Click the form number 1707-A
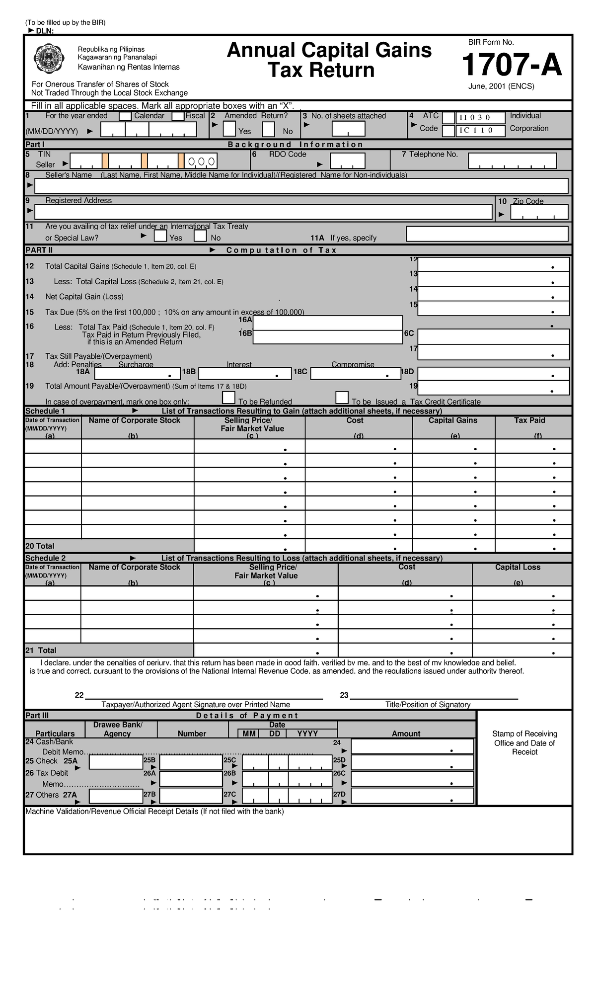tap(512, 66)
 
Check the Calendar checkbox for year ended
tap(125, 116)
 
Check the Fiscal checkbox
tap(178, 116)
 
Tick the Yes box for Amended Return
tap(229, 129)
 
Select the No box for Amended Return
tap(268, 129)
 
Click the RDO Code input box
tap(347, 161)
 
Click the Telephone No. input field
tap(512, 161)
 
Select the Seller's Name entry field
tap(301, 186)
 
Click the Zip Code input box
tap(539, 212)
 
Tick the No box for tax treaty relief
tap(200, 236)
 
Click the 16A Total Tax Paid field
tap(328, 323)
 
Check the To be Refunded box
tap(228, 398)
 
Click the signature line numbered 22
tap(204, 695)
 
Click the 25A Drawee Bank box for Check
tap(116, 762)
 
